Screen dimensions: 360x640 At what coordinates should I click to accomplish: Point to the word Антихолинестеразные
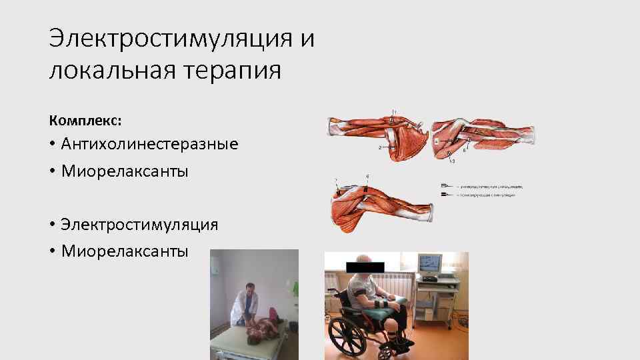[x=149, y=143]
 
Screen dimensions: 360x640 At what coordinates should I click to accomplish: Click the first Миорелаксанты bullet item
[x=125, y=171]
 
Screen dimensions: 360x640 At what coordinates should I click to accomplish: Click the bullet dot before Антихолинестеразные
[x=52, y=144]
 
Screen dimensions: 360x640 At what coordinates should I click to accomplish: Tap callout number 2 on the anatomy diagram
[x=379, y=147]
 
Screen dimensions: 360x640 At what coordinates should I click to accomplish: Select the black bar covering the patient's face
[x=365, y=267]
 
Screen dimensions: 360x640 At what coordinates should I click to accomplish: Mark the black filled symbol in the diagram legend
[x=445, y=194]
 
